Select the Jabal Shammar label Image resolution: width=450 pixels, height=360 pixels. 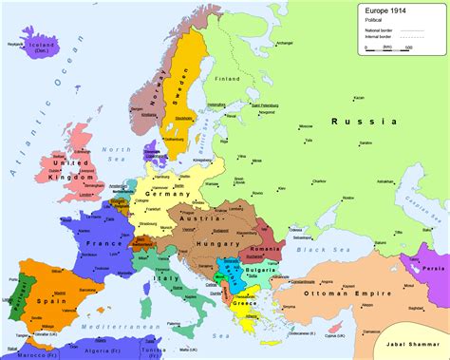coord(410,339)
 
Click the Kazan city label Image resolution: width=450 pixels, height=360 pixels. coord(384,97)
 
